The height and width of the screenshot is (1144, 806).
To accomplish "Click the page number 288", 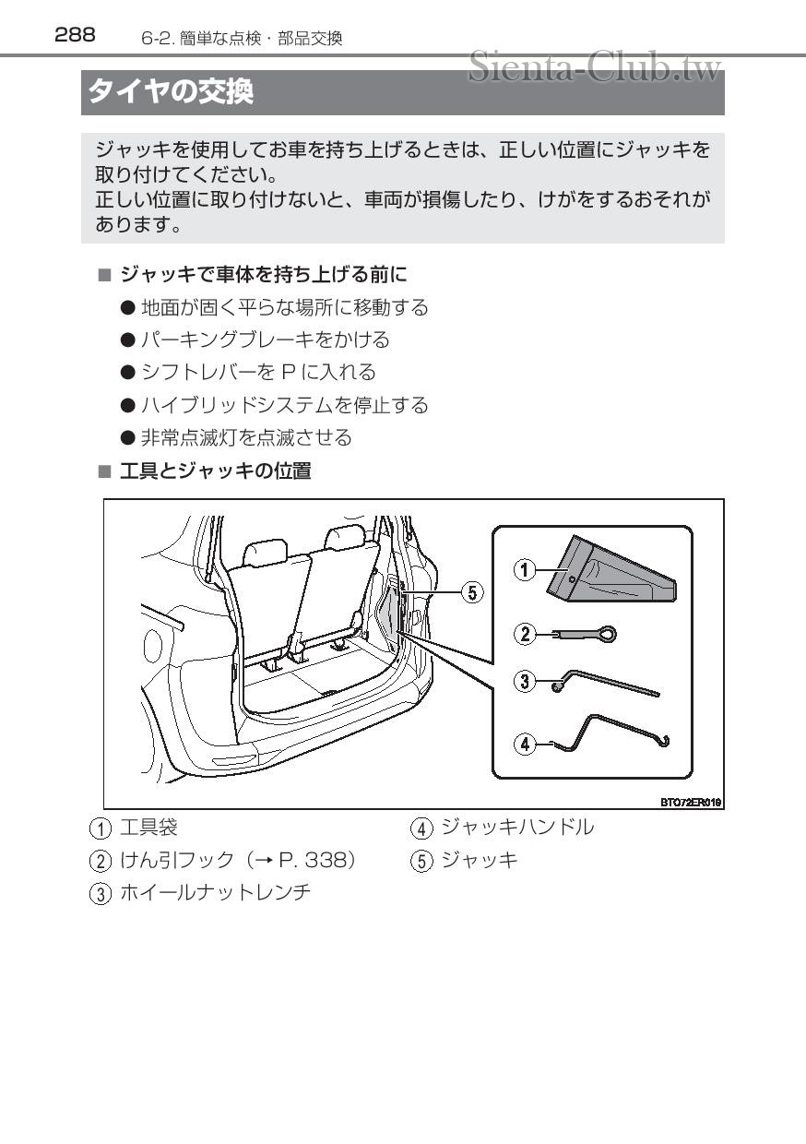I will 75,35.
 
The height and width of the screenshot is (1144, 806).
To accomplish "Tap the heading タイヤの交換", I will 171,92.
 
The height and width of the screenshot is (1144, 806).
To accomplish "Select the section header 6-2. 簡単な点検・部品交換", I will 242,38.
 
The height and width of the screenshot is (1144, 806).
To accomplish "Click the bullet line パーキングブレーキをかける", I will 265,340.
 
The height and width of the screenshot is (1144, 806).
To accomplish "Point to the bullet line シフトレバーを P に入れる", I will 258,372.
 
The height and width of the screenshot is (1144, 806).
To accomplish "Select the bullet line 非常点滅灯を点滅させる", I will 245,437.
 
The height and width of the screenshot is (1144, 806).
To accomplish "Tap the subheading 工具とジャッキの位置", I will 216,471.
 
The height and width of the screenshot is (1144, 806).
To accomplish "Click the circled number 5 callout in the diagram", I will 471,591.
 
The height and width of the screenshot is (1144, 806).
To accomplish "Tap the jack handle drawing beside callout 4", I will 609,733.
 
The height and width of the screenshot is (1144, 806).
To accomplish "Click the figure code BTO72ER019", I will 690,803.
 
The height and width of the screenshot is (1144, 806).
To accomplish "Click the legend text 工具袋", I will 148,828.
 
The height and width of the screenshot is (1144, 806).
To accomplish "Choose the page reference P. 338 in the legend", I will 315,860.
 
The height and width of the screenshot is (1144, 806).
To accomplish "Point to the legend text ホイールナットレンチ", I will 215,892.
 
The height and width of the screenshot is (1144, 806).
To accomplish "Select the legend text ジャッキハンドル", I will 517,828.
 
